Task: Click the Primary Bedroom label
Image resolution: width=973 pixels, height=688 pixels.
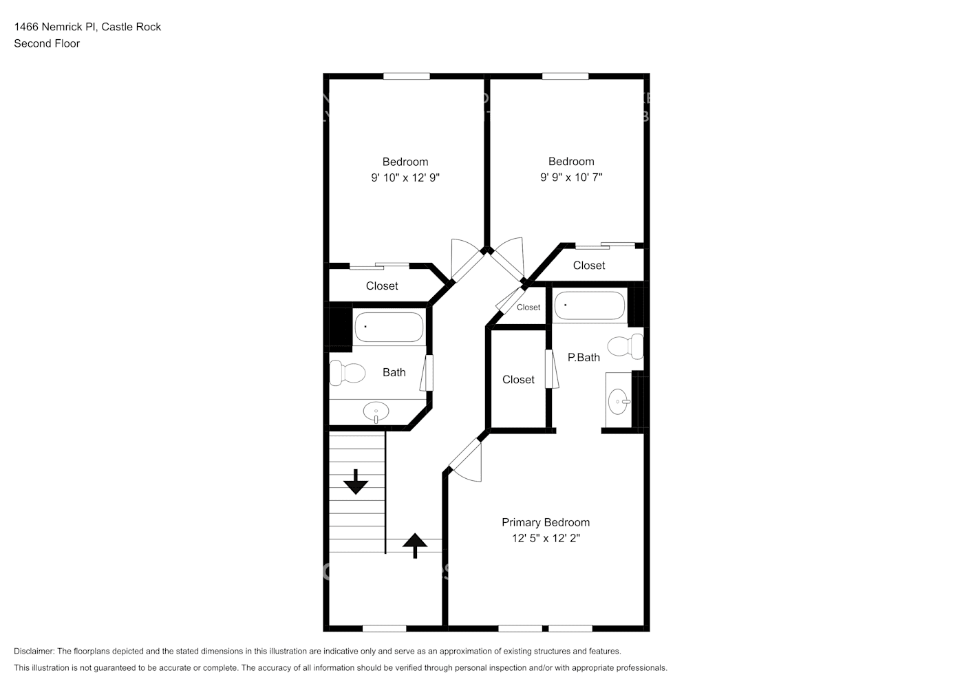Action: point(545,522)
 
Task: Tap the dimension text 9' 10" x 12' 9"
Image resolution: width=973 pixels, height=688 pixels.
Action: point(405,178)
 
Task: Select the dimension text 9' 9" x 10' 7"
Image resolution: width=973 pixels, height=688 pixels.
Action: point(571,177)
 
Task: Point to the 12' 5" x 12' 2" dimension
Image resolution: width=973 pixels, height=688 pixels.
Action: point(546,538)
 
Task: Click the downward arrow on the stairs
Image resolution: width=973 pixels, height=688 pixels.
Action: point(356,482)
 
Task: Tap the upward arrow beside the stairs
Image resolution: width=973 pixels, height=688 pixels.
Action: point(414,545)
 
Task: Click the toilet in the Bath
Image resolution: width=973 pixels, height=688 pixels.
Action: point(346,372)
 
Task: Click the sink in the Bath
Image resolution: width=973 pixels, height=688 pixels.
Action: point(376,412)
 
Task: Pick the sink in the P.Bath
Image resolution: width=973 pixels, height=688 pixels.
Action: point(618,400)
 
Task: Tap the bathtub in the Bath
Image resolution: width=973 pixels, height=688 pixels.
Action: point(389,327)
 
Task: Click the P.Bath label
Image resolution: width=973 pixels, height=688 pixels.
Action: point(584,357)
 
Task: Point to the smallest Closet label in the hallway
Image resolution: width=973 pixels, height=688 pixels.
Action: point(528,308)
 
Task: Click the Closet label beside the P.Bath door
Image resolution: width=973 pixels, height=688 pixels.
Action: point(518,380)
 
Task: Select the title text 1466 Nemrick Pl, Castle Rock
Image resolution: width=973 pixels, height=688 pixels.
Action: point(87,27)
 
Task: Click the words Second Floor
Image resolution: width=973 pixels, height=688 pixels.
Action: point(47,43)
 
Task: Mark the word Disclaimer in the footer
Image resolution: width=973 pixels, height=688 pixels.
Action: point(34,651)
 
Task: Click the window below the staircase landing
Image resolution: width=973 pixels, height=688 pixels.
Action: point(384,628)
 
